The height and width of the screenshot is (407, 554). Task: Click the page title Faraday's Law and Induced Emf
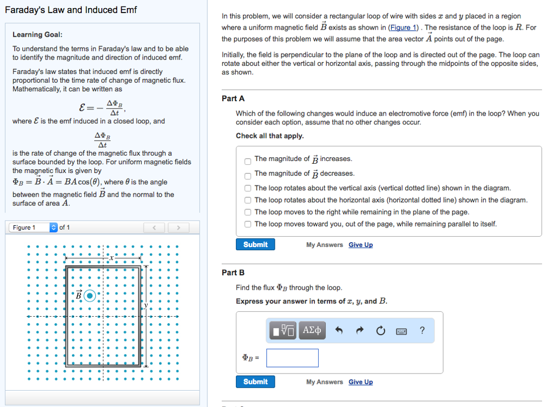(x=71, y=10)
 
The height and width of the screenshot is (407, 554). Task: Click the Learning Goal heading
(x=37, y=35)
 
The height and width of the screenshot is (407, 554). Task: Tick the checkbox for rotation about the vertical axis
(x=247, y=189)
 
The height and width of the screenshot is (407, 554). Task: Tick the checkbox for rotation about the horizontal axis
(x=247, y=201)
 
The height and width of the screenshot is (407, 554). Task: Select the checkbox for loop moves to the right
(x=247, y=212)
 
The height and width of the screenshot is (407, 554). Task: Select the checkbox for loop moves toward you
(x=247, y=224)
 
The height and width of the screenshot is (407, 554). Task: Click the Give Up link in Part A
(x=360, y=245)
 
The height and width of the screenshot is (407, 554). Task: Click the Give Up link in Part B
(x=360, y=382)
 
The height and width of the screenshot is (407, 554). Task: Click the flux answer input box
(x=292, y=358)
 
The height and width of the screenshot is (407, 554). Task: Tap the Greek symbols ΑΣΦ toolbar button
(x=312, y=330)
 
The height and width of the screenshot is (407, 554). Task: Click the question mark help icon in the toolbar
(x=422, y=330)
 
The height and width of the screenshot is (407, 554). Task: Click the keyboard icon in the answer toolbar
(x=401, y=331)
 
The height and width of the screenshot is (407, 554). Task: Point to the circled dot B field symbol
(x=90, y=296)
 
